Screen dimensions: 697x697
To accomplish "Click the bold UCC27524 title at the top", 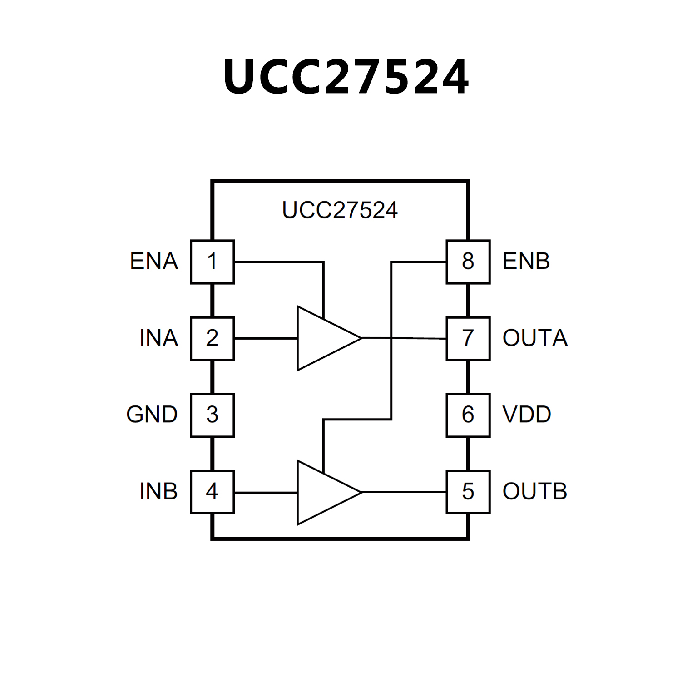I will pos(346,77).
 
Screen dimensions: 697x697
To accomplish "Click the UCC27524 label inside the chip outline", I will pos(340,210).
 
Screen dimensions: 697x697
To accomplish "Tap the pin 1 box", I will pos(212,262).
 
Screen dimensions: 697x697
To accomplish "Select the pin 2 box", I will pos(212,338).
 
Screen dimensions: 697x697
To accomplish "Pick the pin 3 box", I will pos(212,415).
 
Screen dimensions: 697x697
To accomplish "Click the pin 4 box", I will pos(212,492).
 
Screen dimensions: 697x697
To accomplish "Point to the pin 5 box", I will pos(468,492).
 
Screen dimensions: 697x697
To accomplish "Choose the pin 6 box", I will pos(468,415).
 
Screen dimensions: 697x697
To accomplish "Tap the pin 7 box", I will pos(468,338).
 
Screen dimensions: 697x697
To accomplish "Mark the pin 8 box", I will pos(468,262).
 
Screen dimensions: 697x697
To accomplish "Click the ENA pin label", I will pos(154,262).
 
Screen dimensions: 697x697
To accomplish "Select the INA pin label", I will pos(158,338).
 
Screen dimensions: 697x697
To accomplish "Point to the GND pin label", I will pos(152,415).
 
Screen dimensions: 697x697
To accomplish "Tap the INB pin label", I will pos(158,492).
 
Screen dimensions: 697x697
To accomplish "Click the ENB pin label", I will pos(526,262).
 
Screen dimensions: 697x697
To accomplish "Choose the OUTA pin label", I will pos(535,338).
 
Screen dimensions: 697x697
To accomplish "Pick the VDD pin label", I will pos(527,415).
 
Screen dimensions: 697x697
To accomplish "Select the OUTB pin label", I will pos(535,492).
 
